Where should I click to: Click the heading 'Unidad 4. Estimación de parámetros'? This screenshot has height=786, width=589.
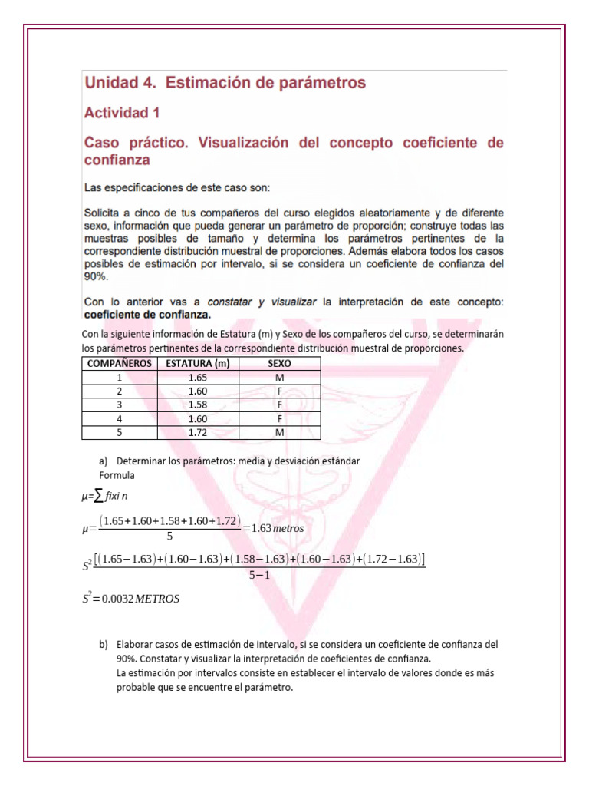[x=224, y=82]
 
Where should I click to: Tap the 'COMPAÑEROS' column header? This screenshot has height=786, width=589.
[x=119, y=364]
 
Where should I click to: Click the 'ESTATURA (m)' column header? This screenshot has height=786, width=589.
[x=197, y=364]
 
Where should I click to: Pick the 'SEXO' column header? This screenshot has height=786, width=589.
[x=279, y=364]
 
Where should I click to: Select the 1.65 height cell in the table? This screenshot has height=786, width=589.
[x=197, y=378]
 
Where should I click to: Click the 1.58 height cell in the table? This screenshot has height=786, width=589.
[x=197, y=405]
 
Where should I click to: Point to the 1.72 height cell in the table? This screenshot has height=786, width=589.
[x=197, y=433]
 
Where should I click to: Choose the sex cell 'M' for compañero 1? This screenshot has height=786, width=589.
[x=279, y=378]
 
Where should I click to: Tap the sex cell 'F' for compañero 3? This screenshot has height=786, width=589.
[x=279, y=405]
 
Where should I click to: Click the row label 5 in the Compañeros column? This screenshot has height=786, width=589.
[x=119, y=433]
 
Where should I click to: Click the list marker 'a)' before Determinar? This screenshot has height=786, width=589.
[x=104, y=461]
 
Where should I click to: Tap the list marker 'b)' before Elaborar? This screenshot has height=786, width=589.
[x=104, y=645]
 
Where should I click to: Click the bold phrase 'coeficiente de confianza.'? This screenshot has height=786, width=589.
[x=136, y=314]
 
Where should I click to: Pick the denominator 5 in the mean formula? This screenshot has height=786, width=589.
[x=169, y=537]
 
